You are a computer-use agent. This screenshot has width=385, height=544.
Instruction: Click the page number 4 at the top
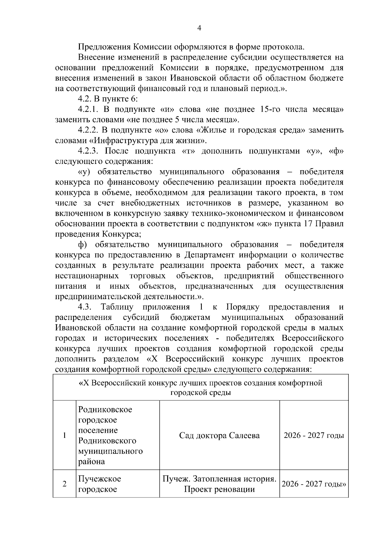pyautogui.click(x=199, y=28)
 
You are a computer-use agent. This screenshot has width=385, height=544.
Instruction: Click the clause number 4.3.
pyautogui.click(x=85, y=307)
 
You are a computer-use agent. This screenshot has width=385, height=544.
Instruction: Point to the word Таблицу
pyautogui.click(x=117, y=307)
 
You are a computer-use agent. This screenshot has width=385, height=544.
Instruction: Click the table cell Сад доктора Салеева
pyautogui.click(x=219, y=435)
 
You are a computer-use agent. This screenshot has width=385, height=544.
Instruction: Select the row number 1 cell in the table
pyautogui.click(x=64, y=435)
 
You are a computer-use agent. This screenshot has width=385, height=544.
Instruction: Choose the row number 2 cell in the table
pyautogui.click(x=64, y=484)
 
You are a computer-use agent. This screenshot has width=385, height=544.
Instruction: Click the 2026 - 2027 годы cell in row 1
pyautogui.click(x=314, y=435)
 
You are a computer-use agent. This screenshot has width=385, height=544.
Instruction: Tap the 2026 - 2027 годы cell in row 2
pyautogui.click(x=314, y=484)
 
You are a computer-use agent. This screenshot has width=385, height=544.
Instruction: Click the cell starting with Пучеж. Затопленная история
pyautogui.click(x=219, y=484)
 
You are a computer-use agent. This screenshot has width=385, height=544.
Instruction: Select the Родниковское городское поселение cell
pyautogui.click(x=111, y=435)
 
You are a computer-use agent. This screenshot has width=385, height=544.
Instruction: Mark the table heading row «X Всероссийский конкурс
pyautogui.click(x=201, y=388)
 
